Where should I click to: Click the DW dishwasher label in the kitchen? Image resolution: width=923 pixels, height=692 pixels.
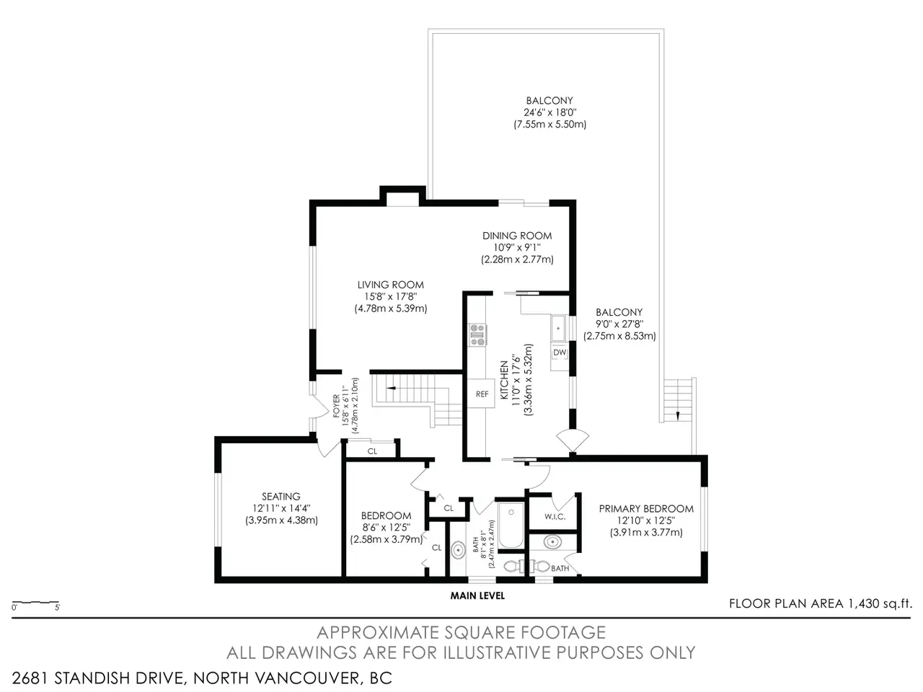[560, 352]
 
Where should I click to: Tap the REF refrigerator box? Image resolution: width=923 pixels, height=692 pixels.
[482, 394]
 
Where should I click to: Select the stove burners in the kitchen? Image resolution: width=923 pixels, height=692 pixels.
[477, 335]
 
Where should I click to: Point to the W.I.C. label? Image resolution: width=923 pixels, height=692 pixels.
[555, 517]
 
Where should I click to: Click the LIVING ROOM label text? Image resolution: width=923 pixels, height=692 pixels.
[391, 285]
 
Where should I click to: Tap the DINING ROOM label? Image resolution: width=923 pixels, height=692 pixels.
[517, 236]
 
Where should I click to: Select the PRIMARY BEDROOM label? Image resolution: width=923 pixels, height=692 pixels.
[646, 509]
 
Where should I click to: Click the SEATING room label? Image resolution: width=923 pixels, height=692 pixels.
[281, 496]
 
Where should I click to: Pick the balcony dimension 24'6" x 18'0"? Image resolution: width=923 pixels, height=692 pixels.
[549, 112]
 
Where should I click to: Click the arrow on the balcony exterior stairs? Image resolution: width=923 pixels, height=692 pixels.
[677, 416]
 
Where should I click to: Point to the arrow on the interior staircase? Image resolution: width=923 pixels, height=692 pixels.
[391, 388]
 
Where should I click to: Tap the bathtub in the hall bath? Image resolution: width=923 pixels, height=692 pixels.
[511, 525]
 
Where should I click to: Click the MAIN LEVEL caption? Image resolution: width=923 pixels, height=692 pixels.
[477, 595]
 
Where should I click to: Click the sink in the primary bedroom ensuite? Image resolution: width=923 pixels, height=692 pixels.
[552, 542]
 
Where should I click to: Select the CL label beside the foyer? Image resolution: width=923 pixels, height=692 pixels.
[372, 452]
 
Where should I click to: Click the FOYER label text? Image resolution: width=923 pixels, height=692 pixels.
[337, 406]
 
